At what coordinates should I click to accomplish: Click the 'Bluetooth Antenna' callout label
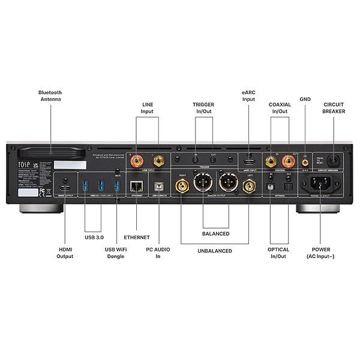point(50,96)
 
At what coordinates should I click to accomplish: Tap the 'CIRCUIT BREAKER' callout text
point(334,107)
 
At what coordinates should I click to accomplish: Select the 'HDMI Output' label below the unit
point(65,253)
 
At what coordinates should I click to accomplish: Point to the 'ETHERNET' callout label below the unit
point(137,238)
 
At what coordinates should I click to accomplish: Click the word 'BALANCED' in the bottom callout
point(215,233)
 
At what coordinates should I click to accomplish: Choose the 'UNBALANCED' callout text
point(215,251)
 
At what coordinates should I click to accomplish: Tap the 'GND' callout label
point(305,100)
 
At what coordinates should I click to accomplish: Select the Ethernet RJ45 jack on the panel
point(137,185)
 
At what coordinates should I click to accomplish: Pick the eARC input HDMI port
point(250,162)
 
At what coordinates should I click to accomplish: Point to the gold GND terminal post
point(305,160)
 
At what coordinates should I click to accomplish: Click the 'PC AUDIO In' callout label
point(159,253)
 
